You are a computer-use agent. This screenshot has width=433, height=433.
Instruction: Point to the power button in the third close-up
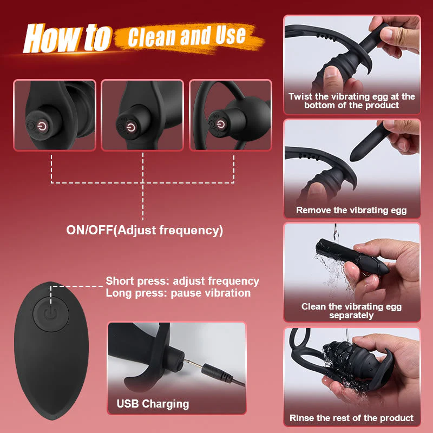pos(219,124)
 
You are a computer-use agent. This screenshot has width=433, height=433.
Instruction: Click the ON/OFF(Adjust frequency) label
pos(145,230)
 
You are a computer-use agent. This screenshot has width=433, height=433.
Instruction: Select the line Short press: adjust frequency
pos(182,281)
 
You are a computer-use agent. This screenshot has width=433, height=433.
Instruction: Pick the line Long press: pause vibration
pos(178,293)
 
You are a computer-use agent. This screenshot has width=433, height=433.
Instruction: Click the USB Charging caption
pos(153,404)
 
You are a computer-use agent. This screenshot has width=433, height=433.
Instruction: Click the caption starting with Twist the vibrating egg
pos(352,101)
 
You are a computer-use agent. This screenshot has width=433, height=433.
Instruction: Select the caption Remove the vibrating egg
pos(351,211)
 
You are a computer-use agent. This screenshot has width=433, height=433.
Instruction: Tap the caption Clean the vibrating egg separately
pos(351,311)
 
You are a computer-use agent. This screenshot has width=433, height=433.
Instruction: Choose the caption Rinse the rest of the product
pos(351,418)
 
